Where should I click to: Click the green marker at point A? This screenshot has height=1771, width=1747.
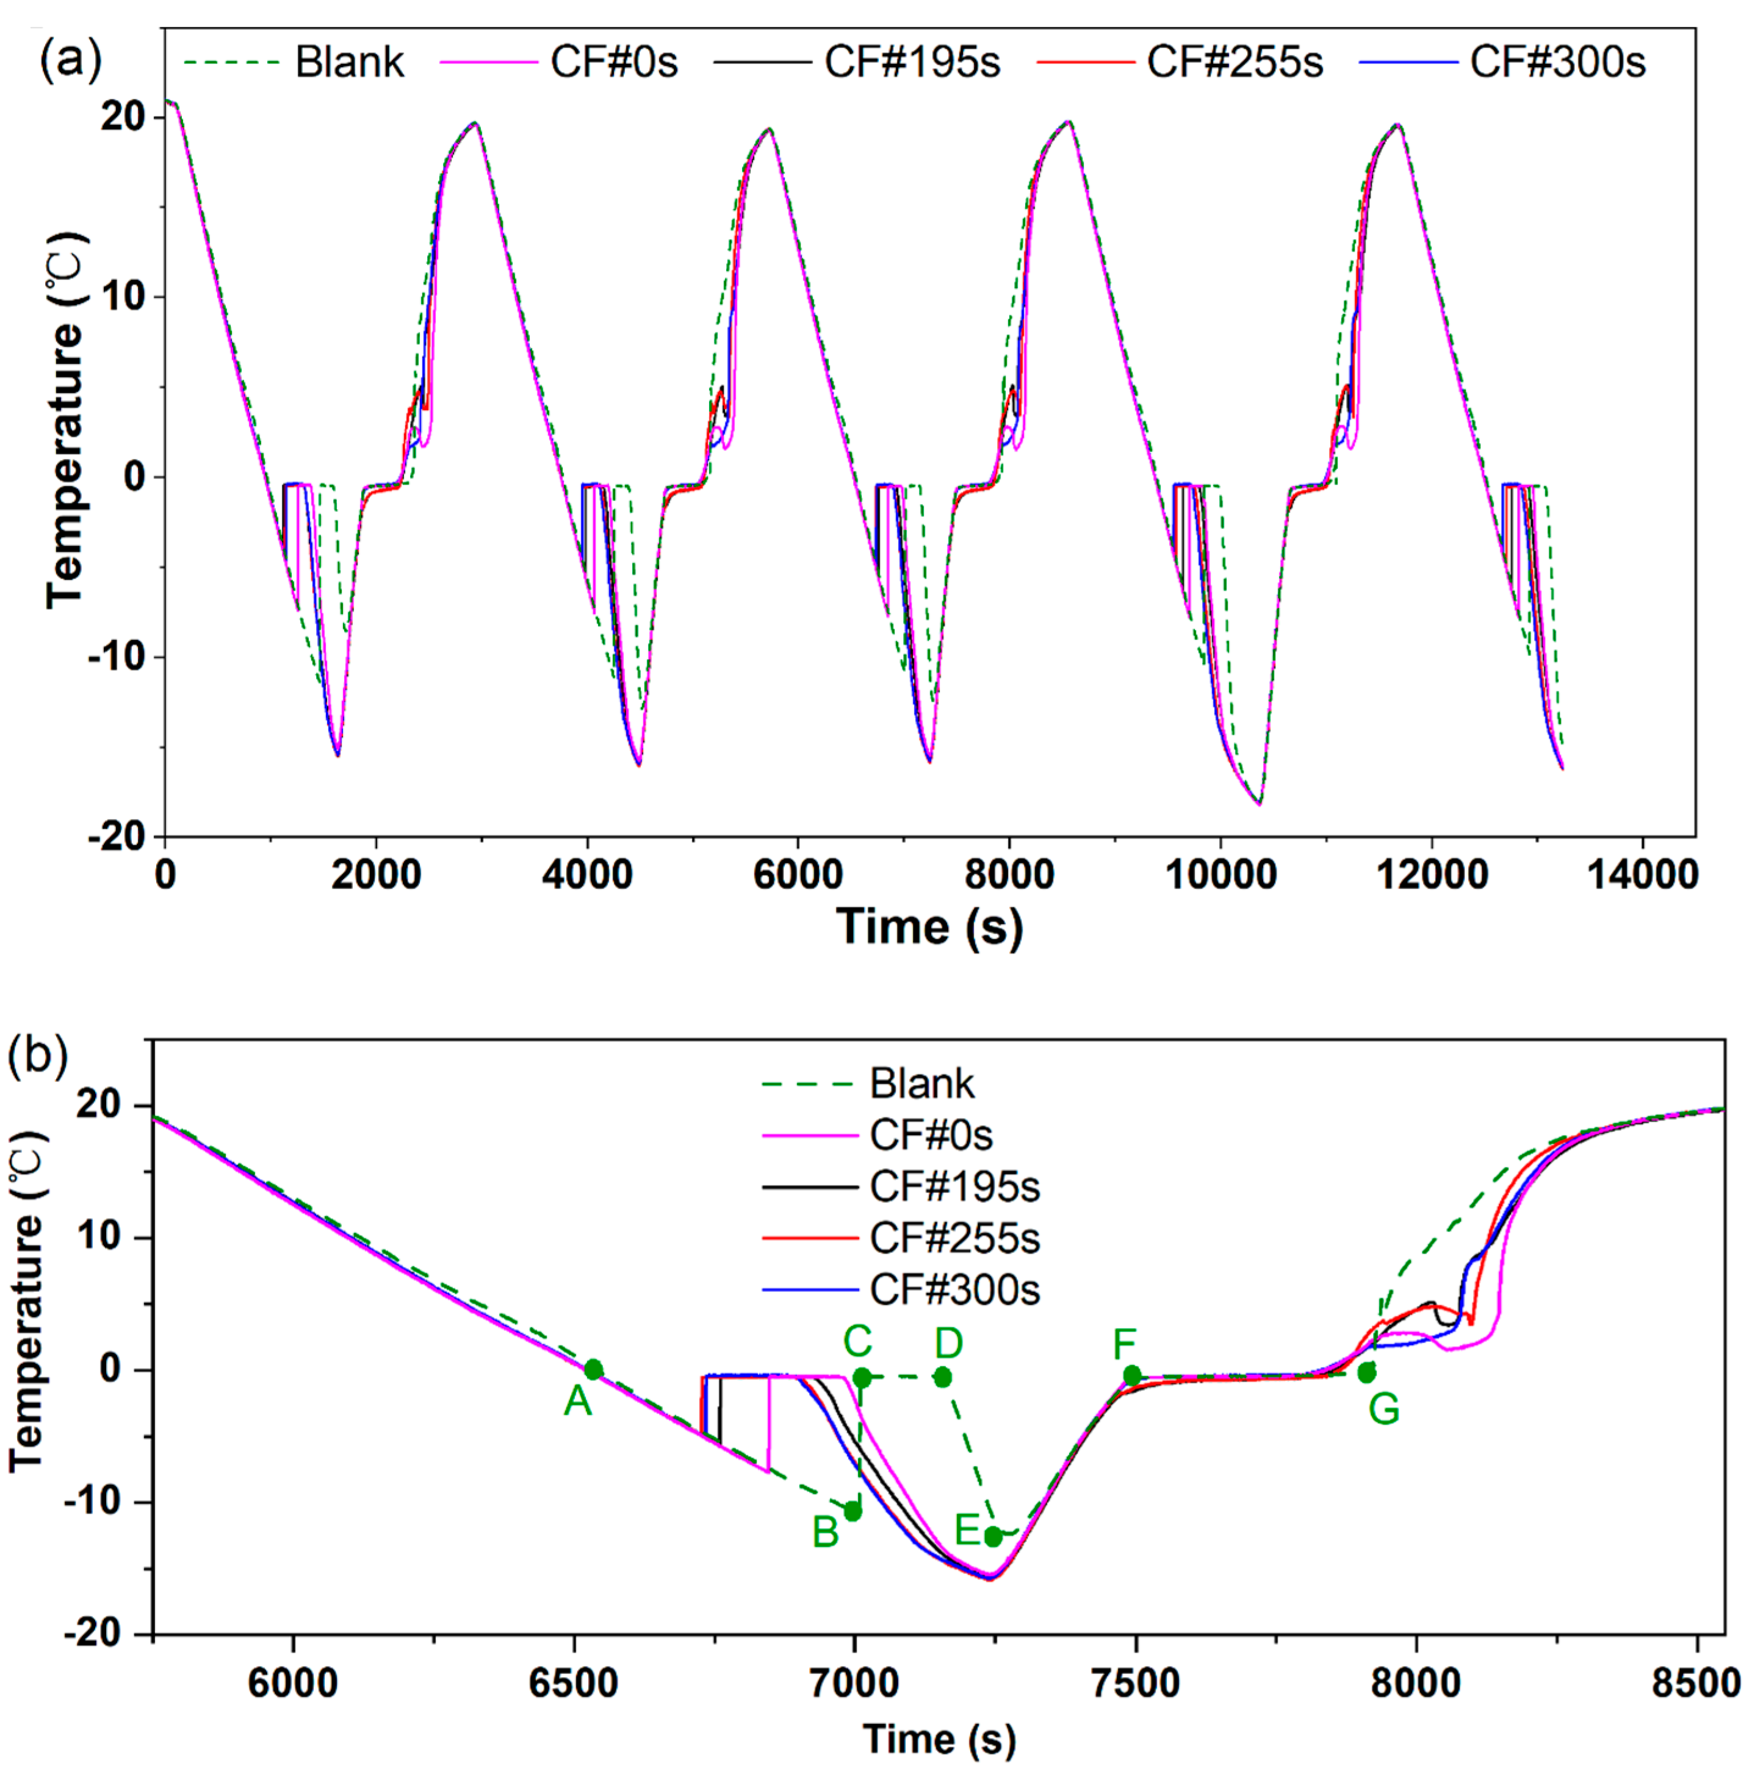593,1369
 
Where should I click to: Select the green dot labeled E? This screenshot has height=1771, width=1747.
993,1536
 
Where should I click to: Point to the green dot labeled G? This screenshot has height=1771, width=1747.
1366,1372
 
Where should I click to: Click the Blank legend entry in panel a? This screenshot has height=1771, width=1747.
348,62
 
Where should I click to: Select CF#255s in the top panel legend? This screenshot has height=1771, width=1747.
1234,62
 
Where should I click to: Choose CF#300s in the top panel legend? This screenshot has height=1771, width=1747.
1557,62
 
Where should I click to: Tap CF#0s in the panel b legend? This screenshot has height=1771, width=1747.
931,1135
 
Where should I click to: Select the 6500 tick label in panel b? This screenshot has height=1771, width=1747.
574,1683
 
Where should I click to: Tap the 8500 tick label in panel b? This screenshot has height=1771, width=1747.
1696,1683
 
